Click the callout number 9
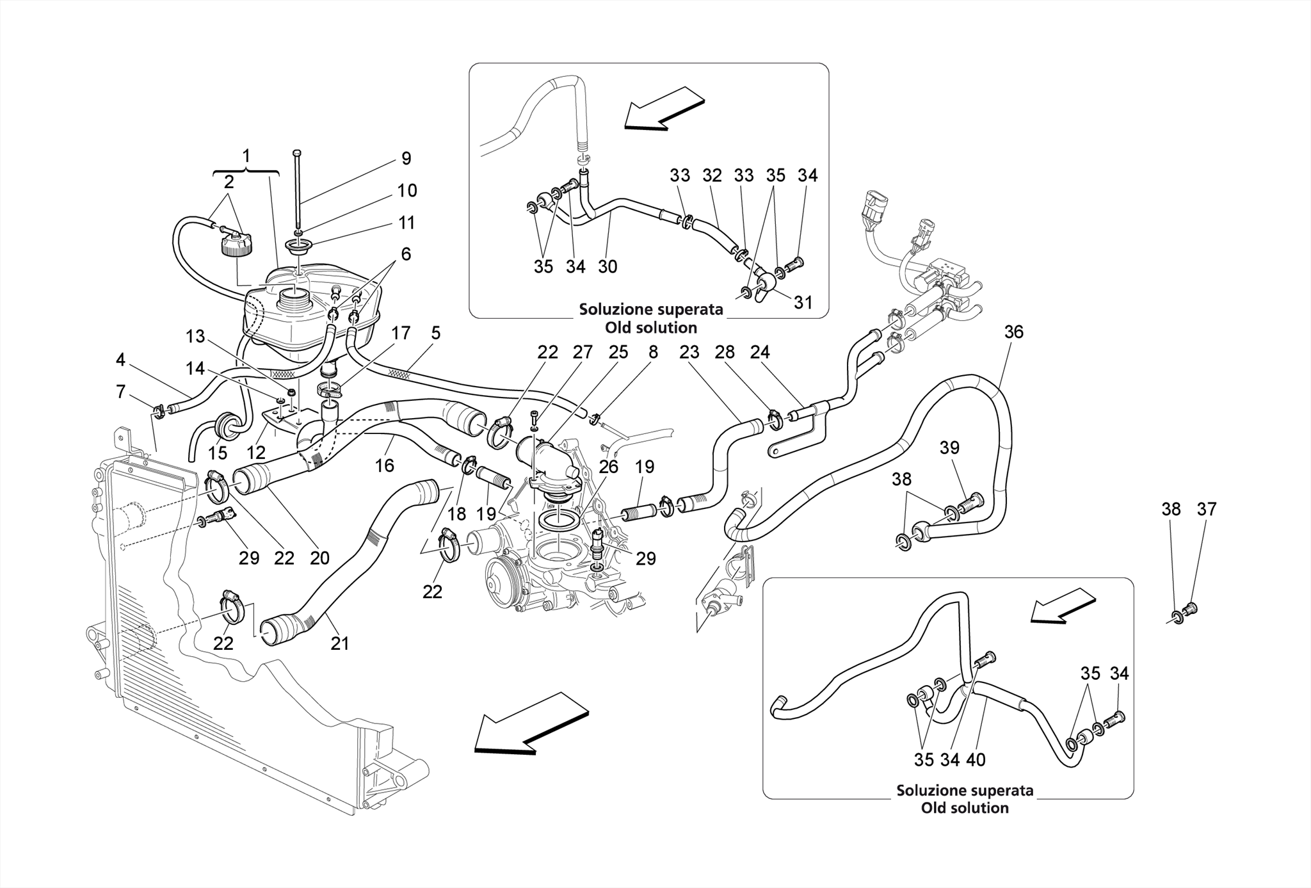406,159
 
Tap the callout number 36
1013,332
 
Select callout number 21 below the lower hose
340,643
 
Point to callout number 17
401,333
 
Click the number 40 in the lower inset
976,759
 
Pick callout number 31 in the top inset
803,302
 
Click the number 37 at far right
1207,509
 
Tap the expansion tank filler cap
236,246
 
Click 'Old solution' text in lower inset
965,808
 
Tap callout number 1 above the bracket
246,156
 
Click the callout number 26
608,467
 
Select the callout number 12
256,453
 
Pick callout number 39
949,448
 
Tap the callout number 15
218,453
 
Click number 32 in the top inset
712,175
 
